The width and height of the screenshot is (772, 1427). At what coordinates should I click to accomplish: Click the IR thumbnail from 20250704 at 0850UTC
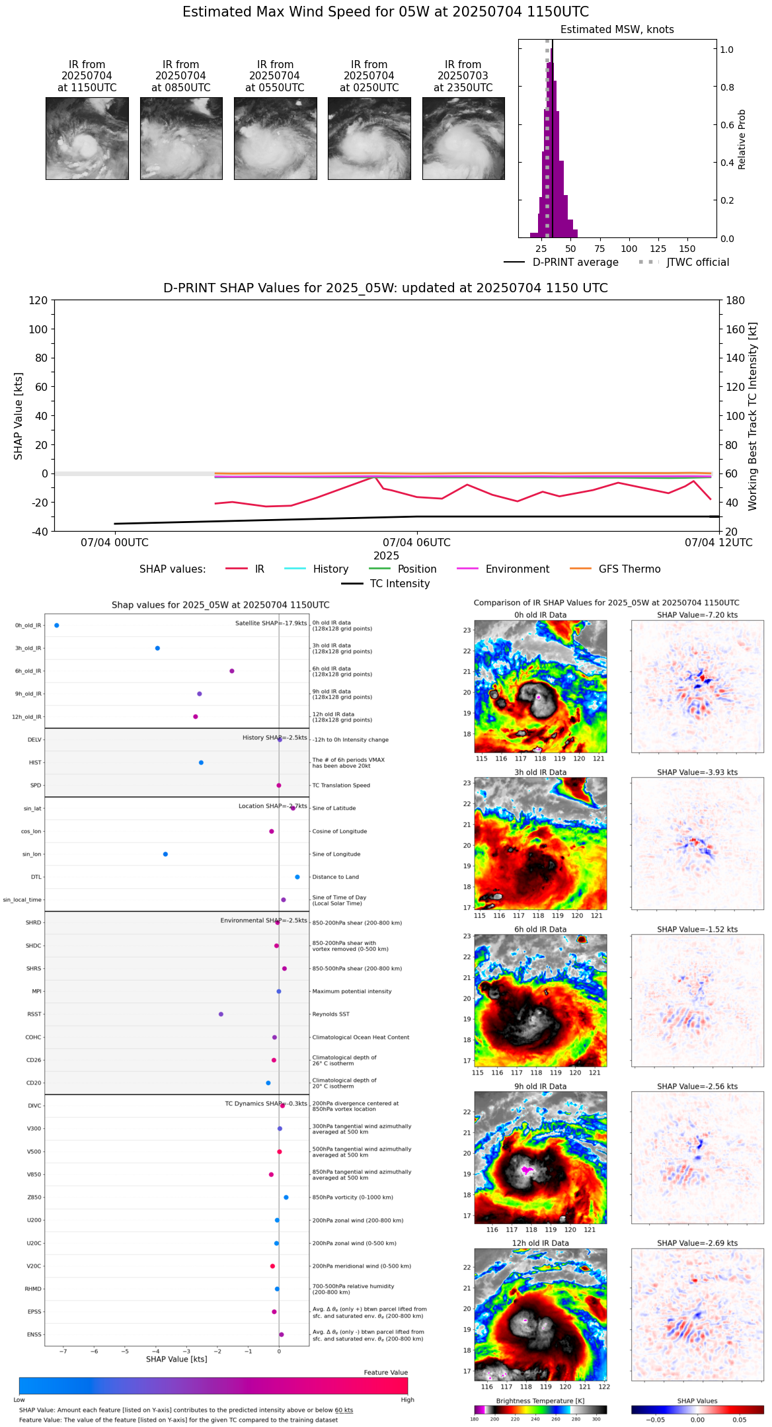coord(181,138)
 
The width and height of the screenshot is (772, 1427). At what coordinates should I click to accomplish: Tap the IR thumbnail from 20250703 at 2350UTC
coord(463,138)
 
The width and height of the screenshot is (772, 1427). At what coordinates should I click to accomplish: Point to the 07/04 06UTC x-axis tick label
coord(416,543)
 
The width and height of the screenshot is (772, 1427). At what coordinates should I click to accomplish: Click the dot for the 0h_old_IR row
coord(57,626)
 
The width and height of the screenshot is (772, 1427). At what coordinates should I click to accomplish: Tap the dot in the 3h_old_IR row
coord(157,648)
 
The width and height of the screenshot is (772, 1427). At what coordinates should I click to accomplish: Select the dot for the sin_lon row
coord(165,854)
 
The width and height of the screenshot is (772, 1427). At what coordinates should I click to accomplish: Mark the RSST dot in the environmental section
coord(221,1014)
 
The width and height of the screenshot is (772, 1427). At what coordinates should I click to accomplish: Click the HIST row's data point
coord(201,762)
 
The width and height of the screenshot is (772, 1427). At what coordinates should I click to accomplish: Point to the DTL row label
coord(36,877)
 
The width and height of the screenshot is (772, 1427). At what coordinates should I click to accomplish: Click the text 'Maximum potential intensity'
coord(352,991)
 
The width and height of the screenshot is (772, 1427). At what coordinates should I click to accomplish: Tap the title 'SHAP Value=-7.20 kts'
coord(697,615)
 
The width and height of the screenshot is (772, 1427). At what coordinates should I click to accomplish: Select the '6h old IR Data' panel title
coord(540,929)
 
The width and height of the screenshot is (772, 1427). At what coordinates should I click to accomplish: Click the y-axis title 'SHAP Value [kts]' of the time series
coord(19,416)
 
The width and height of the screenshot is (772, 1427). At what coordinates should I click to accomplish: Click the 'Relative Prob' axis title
coord(742,140)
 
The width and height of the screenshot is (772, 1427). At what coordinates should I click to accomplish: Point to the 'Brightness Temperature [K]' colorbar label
coord(540,1401)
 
